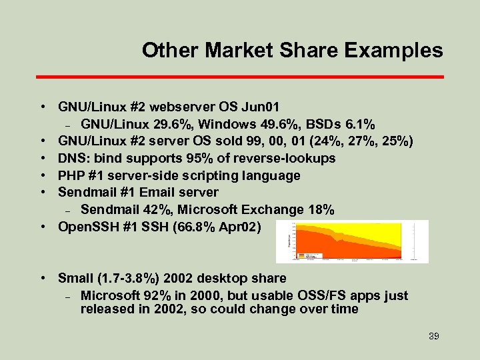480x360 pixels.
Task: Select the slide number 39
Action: tap(433, 336)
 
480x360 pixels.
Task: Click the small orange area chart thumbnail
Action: tap(351, 241)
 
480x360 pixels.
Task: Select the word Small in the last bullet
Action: tap(75, 279)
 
